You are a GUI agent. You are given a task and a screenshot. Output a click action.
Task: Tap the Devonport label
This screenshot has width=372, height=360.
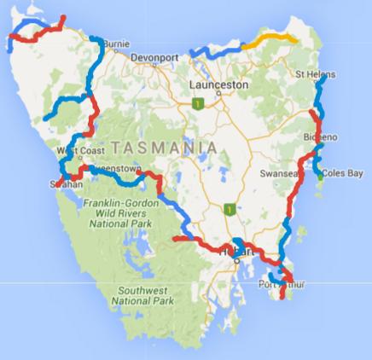[x=158, y=58]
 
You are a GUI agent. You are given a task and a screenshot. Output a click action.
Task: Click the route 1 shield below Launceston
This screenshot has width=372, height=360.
[x=199, y=104]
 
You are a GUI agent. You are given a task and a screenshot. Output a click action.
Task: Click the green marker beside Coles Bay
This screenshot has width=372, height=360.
[x=322, y=176]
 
